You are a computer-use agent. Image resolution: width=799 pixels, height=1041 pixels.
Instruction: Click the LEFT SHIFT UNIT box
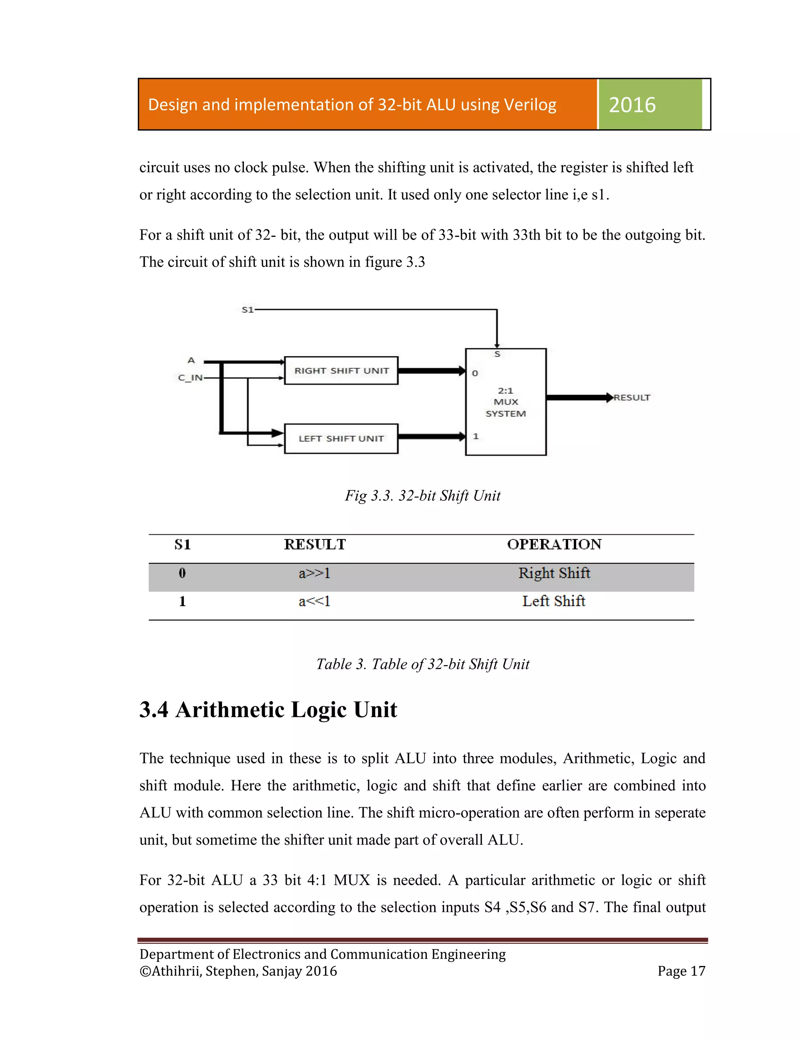tap(341, 438)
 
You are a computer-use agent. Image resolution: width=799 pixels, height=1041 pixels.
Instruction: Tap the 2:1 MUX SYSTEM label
tap(506, 402)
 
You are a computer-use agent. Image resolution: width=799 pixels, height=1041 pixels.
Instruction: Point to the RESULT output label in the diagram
tap(632, 397)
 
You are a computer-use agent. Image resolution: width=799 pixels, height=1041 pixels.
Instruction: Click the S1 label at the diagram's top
tap(247, 310)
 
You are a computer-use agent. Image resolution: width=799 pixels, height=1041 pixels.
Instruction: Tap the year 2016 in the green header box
tap(632, 105)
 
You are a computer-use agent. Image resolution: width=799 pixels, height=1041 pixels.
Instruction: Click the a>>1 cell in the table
tap(314, 573)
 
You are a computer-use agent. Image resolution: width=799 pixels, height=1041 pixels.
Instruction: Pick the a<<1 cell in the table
tap(314, 601)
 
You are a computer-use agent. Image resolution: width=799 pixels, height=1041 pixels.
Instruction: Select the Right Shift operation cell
tap(554, 573)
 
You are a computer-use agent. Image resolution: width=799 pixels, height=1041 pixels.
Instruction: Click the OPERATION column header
tap(554, 544)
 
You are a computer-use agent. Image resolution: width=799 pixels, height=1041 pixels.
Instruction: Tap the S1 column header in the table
tap(182, 544)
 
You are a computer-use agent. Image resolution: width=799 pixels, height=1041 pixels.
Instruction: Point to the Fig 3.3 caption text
tap(423, 496)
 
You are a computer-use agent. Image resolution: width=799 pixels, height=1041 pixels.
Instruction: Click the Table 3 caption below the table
tap(423, 664)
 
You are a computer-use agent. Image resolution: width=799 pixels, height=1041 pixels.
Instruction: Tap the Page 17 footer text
tap(681, 971)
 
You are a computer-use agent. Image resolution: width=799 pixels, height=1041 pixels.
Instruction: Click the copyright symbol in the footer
tap(145, 971)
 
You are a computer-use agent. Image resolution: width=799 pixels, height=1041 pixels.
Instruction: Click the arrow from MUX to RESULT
tap(578, 397)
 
